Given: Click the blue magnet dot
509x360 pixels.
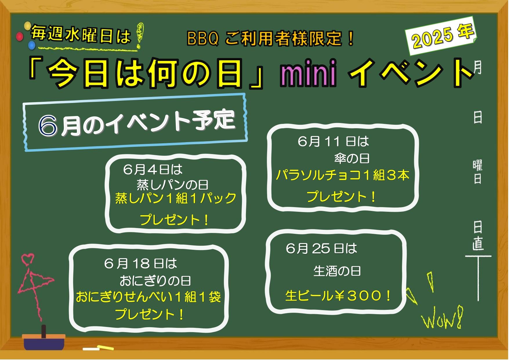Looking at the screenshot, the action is pos(32,46).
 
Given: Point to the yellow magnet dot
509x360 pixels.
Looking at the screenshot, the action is pos(28,26).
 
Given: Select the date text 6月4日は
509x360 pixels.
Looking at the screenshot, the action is pos(153,169).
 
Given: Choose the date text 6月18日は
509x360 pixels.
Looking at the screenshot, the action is pos(141,264).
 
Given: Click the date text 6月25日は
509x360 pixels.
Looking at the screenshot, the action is pos(322,248).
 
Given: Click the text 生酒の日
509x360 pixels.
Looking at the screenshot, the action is pos(337,271).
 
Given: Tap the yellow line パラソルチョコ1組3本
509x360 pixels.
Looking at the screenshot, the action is pos(343,175).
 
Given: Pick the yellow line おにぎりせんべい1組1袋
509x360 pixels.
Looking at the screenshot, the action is pos(148,297).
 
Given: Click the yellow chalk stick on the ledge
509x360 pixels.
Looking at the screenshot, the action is pos(105,348).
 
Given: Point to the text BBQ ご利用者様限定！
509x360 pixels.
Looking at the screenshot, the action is pos(271,39).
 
